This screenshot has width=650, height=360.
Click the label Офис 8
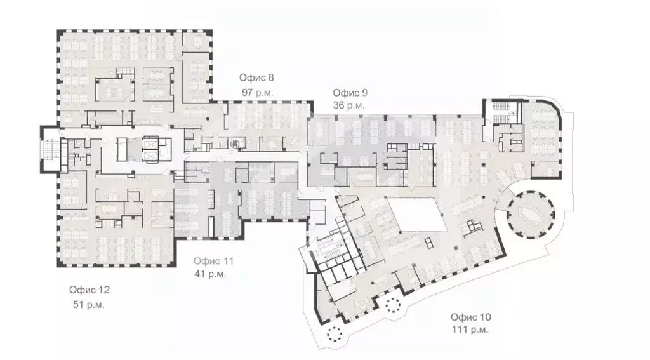click(x=256, y=78)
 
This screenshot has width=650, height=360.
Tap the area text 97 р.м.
click(x=256, y=92)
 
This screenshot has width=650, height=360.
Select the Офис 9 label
click(x=350, y=92)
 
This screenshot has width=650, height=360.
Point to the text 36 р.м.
click(x=349, y=105)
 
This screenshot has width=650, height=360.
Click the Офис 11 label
click(x=214, y=261)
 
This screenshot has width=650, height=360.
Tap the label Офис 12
click(x=90, y=290)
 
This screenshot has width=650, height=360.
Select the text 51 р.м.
click(x=89, y=304)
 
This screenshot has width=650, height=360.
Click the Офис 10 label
click(x=471, y=317)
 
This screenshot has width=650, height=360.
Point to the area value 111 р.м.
click(x=470, y=330)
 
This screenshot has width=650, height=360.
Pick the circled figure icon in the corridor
click(x=235, y=143)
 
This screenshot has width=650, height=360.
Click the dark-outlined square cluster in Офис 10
click(x=473, y=225)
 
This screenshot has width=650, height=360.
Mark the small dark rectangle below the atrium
click(x=428, y=242)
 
